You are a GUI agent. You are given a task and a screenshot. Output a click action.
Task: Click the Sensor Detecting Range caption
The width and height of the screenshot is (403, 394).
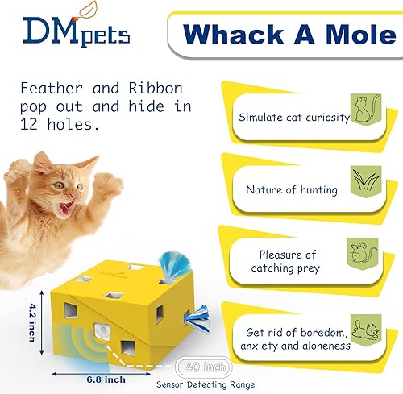pos(211,385)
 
